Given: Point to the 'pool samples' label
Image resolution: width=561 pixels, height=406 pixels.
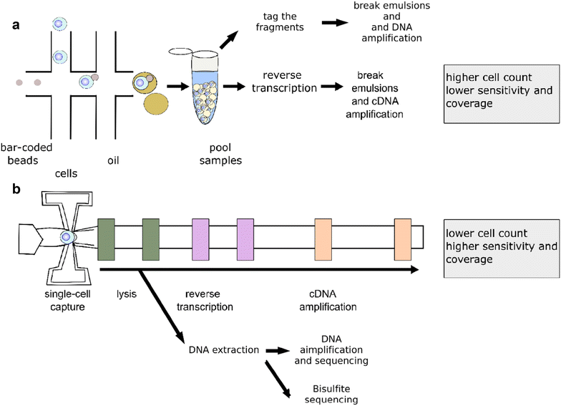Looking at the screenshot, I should pyautogui.click(x=220, y=153).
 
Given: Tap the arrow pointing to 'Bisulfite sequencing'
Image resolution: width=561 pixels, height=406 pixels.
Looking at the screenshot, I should pyautogui.click(x=278, y=379).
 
